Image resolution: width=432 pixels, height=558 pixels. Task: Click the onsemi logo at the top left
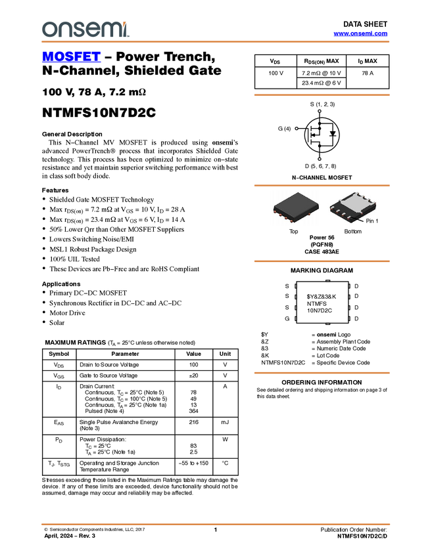[85, 29]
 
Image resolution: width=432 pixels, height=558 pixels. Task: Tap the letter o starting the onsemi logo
[47, 30]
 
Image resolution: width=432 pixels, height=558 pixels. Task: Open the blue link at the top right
[360, 33]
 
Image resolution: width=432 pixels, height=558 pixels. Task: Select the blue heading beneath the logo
[71, 57]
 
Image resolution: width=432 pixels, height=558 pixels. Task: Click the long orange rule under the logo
[215, 42]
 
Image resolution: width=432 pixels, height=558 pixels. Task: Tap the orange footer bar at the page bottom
[215, 525]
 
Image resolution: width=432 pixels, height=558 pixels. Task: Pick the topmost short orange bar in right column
[322, 95]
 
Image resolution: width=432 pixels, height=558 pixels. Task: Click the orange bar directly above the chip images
[322, 186]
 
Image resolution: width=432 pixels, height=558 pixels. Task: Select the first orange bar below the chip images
[322, 261]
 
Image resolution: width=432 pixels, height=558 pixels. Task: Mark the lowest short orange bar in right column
[322, 373]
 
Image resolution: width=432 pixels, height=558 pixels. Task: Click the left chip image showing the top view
[296, 207]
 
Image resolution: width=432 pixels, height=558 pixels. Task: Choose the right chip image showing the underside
[352, 207]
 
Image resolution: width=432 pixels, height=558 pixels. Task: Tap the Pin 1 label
[372, 221]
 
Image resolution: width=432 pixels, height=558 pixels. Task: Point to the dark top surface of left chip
[295, 203]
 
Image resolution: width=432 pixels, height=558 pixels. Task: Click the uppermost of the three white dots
[320, 111]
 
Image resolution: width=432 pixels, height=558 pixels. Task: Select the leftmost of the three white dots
[297, 128]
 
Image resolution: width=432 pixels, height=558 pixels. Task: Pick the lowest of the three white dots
[320, 159]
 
